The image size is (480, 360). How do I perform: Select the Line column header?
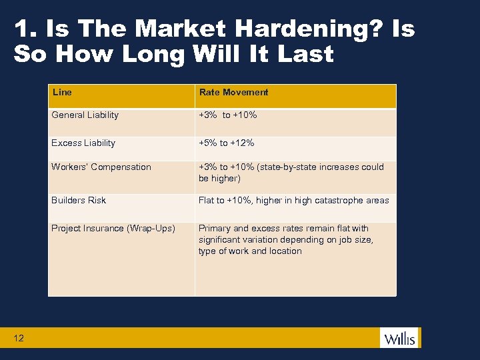coord(62,92)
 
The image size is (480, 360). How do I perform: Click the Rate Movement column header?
coord(233,92)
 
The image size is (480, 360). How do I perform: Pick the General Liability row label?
coord(85,115)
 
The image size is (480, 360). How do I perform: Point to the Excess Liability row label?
coord(83,143)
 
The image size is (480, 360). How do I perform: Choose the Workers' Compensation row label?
coord(101,167)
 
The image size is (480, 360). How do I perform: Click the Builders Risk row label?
coord(79,200)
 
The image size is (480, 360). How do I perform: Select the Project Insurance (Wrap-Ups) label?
coord(113,228)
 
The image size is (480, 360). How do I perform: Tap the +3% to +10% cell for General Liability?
coord(227,115)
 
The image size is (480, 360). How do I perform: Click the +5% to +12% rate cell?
coord(226,143)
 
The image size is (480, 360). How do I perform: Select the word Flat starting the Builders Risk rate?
coord(207,200)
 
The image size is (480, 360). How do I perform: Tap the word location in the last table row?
coord(285,251)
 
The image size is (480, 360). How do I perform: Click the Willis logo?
coord(399,339)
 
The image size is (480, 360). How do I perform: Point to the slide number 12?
coord(18,338)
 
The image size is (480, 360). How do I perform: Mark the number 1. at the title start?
coord(23,29)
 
